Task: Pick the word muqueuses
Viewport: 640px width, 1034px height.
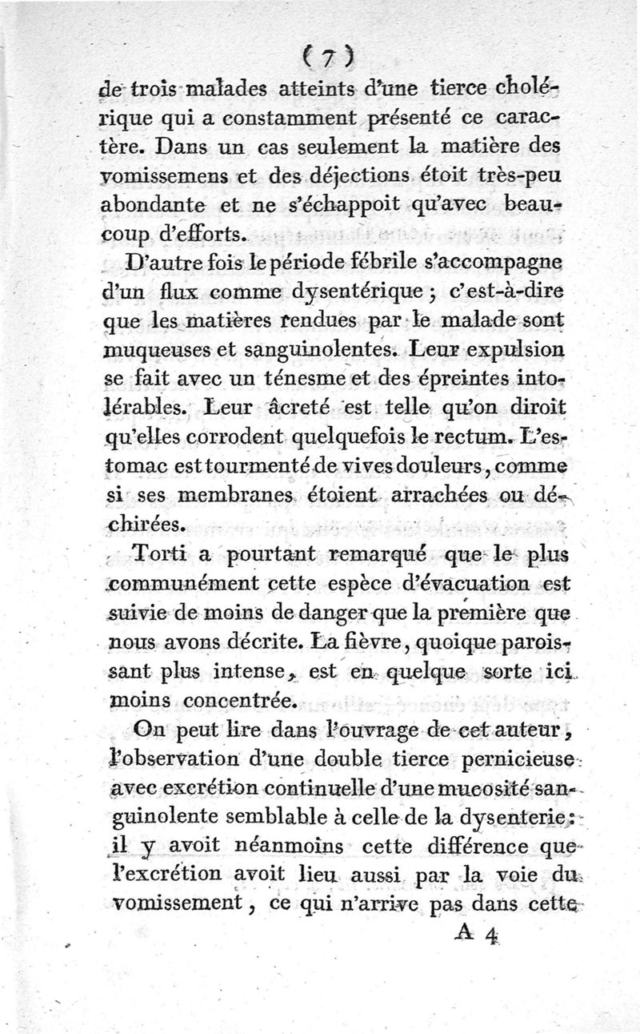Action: point(155,348)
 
